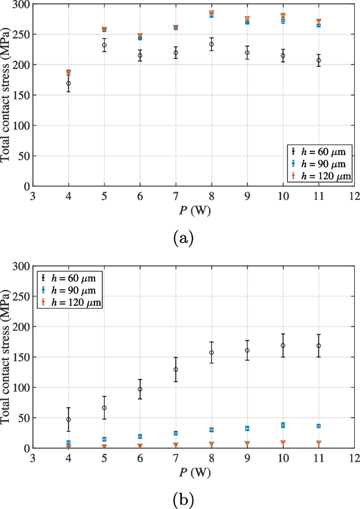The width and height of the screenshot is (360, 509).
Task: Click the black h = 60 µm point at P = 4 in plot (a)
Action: (68, 84)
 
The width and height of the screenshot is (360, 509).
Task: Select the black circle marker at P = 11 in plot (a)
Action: (318, 60)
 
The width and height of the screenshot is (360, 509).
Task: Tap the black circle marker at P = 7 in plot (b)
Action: (176, 370)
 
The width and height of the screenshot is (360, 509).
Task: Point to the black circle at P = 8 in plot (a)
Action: (211, 44)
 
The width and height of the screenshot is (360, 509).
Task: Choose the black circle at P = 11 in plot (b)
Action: (318, 345)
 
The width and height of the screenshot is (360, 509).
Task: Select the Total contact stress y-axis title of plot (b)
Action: (7, 358)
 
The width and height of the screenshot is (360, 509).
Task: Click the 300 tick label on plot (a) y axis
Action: (20, 4)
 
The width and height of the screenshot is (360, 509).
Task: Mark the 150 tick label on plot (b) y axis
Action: (20, 357)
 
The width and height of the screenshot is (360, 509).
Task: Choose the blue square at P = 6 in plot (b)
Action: (140, 436)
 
